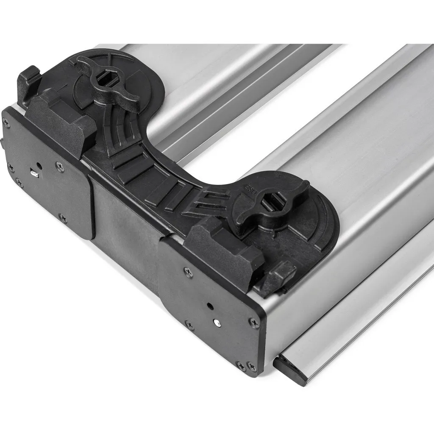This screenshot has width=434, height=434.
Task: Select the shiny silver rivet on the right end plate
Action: click(217, 323)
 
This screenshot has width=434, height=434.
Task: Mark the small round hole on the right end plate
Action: click(209, 305)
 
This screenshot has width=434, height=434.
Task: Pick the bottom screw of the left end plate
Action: click(63, 219)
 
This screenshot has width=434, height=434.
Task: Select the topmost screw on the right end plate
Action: click(186, 270)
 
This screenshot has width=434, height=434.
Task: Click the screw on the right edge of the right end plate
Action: click(254, 323)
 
